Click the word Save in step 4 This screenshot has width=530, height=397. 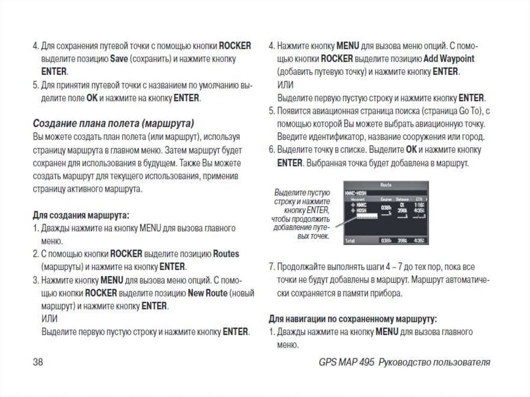point(119,59)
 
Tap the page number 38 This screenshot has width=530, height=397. point(38,362)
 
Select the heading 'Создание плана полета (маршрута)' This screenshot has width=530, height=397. point(113,124)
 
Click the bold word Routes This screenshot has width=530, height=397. point(226,254)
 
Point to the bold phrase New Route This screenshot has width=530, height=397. point(208,293)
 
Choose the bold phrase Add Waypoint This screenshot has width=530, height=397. point(449,58)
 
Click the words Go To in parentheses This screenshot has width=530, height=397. point(470,111)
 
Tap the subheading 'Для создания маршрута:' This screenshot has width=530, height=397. point(81,214)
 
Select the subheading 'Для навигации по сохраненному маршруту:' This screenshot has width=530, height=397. point(352,318)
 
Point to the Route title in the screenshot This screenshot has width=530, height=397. point(386,184)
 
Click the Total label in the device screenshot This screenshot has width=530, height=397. point(350,241)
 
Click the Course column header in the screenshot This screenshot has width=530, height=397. point(386,199)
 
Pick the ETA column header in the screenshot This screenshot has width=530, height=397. point(420,199)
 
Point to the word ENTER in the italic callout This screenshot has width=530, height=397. point(317,210)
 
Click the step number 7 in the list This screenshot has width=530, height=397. point(271,267)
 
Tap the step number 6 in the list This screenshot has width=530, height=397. point(271,150)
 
